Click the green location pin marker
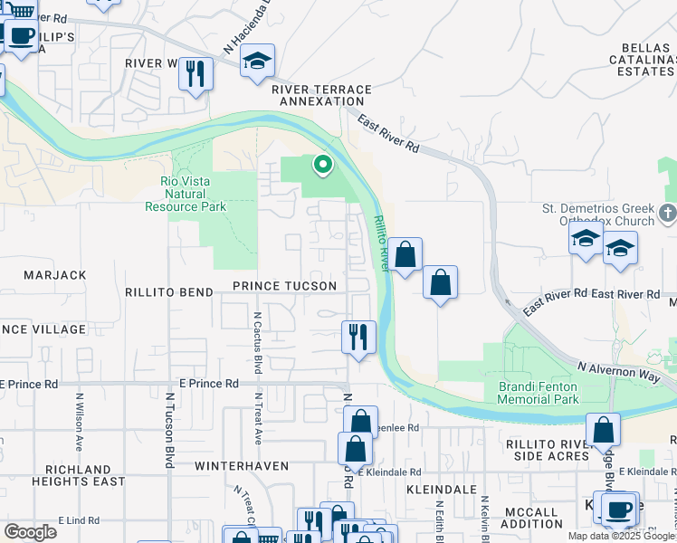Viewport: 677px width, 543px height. [321, 165]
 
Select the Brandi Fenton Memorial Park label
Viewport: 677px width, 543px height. [538, 392]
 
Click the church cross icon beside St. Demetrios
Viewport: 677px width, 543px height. [668, 214]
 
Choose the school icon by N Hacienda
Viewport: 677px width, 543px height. [258, 62]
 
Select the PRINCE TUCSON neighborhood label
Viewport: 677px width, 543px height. [284, 286]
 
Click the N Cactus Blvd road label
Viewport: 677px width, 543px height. [257, 343]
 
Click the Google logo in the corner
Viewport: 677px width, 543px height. [30, 532]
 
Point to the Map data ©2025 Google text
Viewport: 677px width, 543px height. [621, 536]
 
